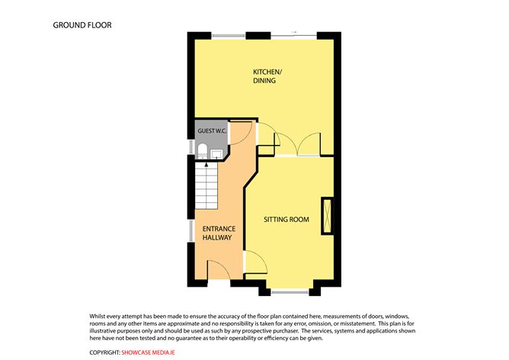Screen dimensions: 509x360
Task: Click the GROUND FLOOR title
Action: tap(82, 25)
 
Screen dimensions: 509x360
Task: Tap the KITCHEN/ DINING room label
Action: tap(267, 76)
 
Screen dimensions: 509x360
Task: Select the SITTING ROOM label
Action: tap(287, 220)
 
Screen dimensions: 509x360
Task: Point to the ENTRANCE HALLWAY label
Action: tap(219, 233)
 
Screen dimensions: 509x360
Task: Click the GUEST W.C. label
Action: tap(212, 131)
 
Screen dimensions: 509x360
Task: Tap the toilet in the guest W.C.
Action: tap(202, 151)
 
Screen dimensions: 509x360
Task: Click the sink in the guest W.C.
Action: tap(216, 154)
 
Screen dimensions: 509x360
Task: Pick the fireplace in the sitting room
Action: tap(327, 216)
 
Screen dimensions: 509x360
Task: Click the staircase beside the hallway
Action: tap(206, 186)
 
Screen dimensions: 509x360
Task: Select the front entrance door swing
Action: tap(219, 270)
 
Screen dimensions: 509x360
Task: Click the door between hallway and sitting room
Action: tap(255, 262)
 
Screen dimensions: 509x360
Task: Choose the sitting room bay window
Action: tap(290, 292)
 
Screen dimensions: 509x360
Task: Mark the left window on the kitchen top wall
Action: tap(229, 35)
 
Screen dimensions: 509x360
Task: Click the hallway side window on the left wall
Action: tap(191, 231)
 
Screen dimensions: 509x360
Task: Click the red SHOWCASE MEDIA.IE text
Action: tap(148, 352)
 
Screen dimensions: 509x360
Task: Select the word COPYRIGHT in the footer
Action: tap(105, 352)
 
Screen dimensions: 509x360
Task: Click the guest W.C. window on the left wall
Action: tap(191, 147)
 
